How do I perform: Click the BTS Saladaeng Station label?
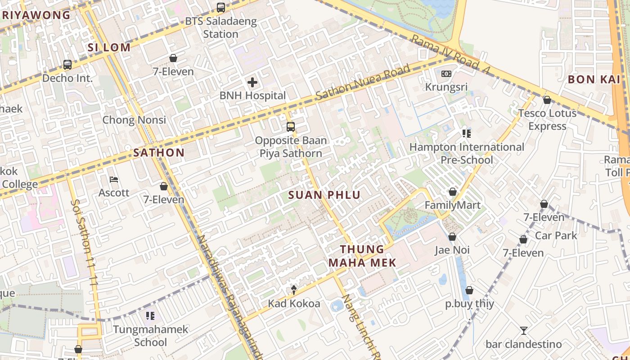click(x=221, y=27)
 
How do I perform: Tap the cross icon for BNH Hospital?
click(x=252, y=82)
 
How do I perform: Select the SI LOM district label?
click(x=109, y=47)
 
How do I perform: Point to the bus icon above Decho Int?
click(x=67, y=65)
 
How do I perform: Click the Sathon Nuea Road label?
click(x=363, y=83)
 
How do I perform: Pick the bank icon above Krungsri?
click(x=446, y=74)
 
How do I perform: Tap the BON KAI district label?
click(x=594, y=80)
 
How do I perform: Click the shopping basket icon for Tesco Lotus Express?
click(x=547, y=100)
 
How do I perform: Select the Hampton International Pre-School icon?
click(x=466, y=134)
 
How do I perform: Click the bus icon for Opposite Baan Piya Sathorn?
click(x=291, y=127)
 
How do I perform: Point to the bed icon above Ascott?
click(x=114, y=180)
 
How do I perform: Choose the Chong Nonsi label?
click(x=134, y=120)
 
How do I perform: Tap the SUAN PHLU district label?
click(x=324, y=195)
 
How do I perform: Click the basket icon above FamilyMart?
click(x=453, y=192)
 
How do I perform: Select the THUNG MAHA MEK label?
click(x=362, y=256)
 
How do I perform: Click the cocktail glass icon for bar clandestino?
click(x=523, y=331)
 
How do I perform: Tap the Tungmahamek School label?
click(x=150, y=336)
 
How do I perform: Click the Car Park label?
click(x=556, y=235)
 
